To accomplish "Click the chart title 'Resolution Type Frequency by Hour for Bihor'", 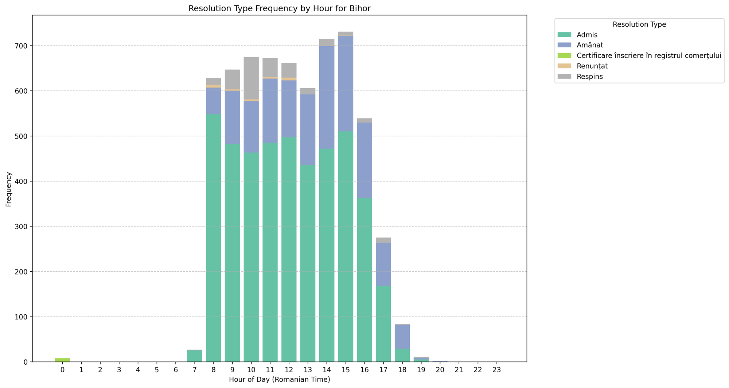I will [x=279, y=9].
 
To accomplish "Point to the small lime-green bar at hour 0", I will [x=62, y=360].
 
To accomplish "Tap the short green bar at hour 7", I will [x=195, y=356].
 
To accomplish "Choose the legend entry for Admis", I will [x=587, y=35].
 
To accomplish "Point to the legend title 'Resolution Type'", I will [x=639, y=25].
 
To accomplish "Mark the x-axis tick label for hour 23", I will [x=496, y=370].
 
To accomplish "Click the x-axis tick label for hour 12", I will [x=289, y=370].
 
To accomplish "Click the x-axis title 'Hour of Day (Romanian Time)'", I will [x=279, y=380].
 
